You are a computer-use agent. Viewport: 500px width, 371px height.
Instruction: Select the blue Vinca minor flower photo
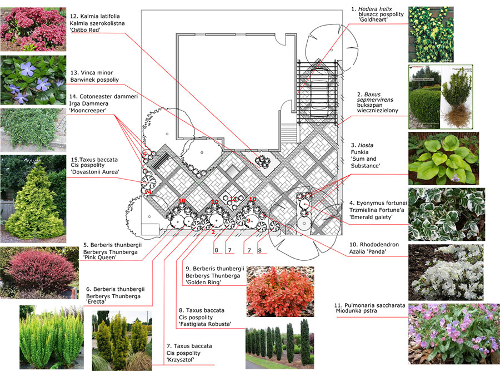click(x=33, y=80)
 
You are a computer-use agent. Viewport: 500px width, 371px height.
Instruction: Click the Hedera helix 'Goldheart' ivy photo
click(x=431, y=34)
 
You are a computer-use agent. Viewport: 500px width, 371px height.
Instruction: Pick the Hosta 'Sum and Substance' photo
click(x=442, y=159)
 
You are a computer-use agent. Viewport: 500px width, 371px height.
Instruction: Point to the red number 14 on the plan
click(x=148, y=192)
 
